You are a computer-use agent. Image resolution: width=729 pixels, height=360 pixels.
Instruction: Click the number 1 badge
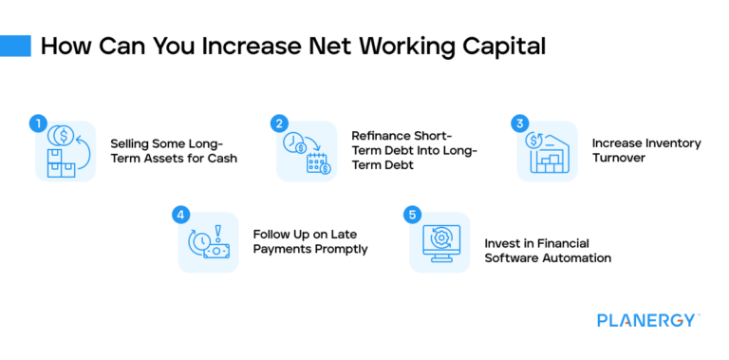point(38,123)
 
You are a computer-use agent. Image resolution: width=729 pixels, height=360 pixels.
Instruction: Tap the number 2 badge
point(279,123)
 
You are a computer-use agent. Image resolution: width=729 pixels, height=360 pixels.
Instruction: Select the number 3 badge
point(519,123)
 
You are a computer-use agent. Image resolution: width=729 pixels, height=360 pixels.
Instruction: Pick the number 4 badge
point(180,215)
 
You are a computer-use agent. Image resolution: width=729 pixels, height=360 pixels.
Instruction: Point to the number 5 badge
point(412,215)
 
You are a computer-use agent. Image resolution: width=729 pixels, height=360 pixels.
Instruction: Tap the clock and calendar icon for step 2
point(307,152)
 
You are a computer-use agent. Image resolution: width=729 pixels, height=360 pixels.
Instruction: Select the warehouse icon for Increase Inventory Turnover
point(548,152)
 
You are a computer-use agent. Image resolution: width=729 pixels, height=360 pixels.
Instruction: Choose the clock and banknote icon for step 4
point(208,243)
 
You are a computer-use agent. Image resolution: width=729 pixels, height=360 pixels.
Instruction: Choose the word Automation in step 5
point(575,258)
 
